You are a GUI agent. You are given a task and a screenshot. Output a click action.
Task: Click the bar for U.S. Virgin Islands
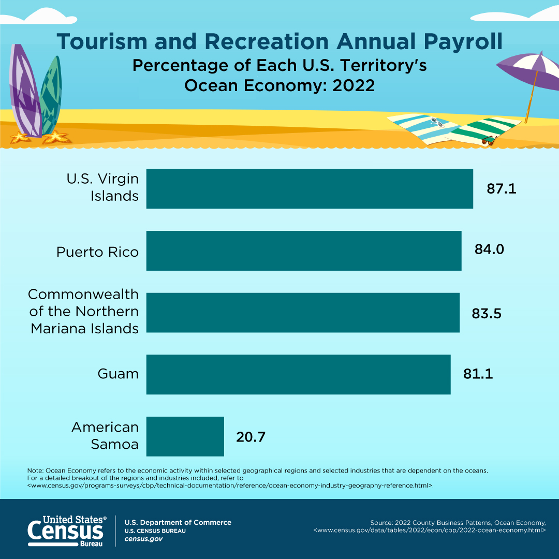tap(310, 188)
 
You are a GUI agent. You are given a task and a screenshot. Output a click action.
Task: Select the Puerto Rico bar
tap(304, 251)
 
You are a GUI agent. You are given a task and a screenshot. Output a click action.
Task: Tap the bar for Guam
tap(299, 374)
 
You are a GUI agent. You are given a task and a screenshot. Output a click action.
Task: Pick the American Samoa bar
tap(185, 436)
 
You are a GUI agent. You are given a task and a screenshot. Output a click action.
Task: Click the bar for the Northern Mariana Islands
tap(303, 313)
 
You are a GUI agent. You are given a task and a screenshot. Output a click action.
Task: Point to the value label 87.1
tap(501, 188)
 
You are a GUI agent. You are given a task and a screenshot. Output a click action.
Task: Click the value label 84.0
tap(489, 249)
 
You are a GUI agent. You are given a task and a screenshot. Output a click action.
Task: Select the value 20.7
tap(251, 437)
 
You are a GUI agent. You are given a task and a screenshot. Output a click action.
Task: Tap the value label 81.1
tap(478, 374)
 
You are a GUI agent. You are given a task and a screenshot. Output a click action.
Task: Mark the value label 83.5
tap(486, 314)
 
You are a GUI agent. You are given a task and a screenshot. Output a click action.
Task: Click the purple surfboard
tap(24, 91)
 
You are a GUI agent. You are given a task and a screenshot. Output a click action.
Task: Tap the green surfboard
tap(51, 95)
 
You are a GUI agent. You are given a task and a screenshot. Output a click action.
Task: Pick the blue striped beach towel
tap(424, 129)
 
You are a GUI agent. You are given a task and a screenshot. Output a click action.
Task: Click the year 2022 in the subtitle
tap(354, 85)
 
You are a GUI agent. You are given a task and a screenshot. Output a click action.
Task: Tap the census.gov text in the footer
tap(144, 539)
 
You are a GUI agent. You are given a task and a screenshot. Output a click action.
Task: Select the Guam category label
tap(118, 374)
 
